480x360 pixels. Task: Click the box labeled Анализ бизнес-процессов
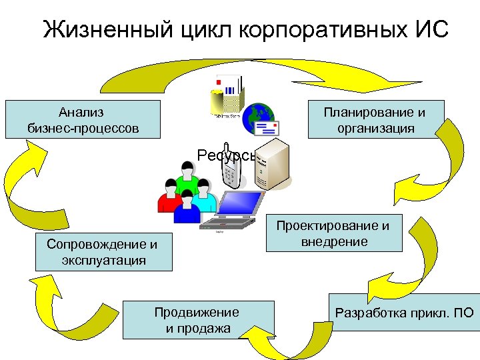tap(83, 119)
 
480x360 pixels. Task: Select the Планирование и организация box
tap(375, 119)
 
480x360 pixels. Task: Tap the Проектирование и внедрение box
tap(334, 233)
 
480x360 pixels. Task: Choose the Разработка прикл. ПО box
tap(404, 312)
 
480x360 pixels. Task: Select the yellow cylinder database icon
tap(217, 100)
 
